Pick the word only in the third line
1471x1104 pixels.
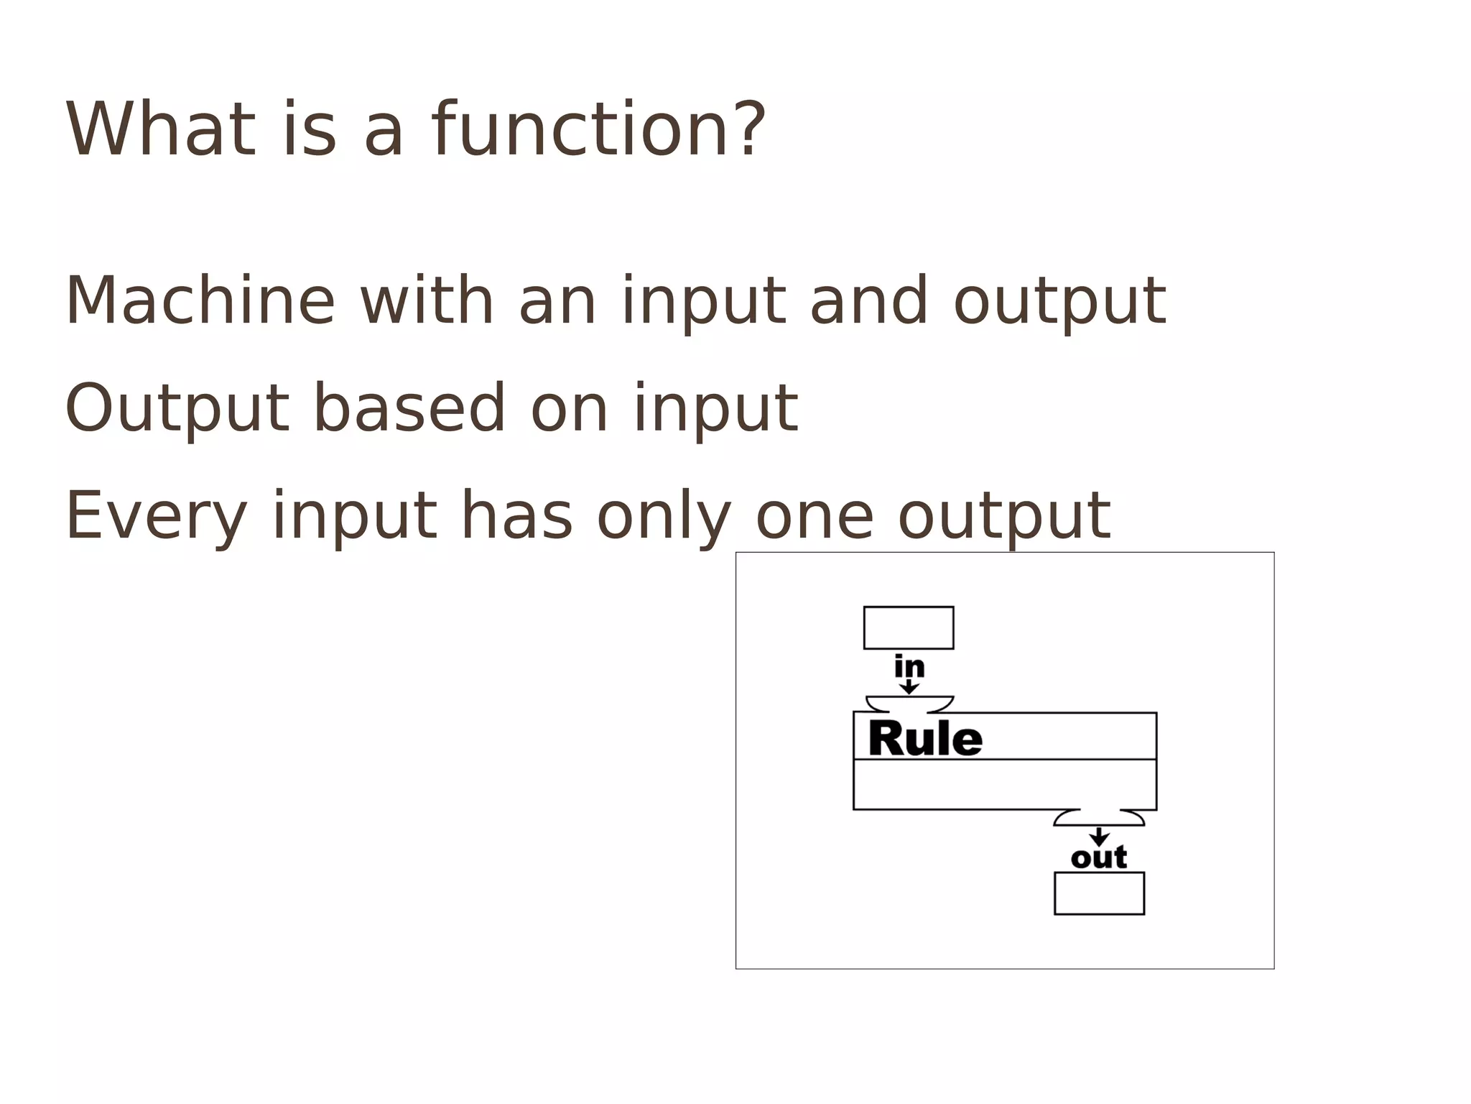point(664,515)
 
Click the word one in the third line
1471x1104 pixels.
point(815,515)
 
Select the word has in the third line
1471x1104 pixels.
point(516,515)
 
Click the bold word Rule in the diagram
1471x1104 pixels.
point(925,739)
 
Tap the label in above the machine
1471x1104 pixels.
point(909,667)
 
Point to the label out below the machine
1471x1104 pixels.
point(1099,857)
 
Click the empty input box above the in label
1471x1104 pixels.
point(909,627)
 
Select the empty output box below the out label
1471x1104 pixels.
point(1099,893)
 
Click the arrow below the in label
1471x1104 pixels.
point(909,687)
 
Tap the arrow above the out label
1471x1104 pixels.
point(1099,837)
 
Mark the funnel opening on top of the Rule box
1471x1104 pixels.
point(909,704)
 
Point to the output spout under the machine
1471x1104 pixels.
point(1099,818)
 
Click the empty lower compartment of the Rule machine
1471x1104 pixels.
point(1005,784)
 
